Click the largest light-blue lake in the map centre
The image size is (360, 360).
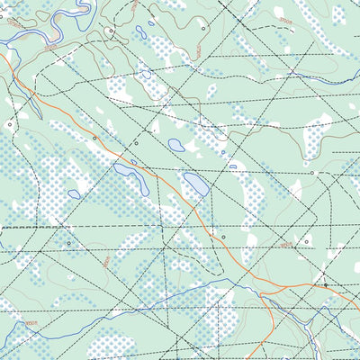[x=195, y=184]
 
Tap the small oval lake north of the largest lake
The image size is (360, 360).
[x=176, y=145]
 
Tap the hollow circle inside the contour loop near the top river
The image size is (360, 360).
[x=111, y=31]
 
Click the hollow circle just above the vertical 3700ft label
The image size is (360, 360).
[x=203, y=28]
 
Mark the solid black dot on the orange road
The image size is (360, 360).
[x=325, y=285]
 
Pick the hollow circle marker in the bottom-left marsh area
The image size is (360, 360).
[x=67, y=243]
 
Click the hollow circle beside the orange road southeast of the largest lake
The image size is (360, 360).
[x=223, y=238]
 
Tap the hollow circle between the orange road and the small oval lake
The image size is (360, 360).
[x=137, y=142]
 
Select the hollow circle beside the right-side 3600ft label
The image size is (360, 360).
[x=306, y=242]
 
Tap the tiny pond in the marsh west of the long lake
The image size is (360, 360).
[x=74, y=193]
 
